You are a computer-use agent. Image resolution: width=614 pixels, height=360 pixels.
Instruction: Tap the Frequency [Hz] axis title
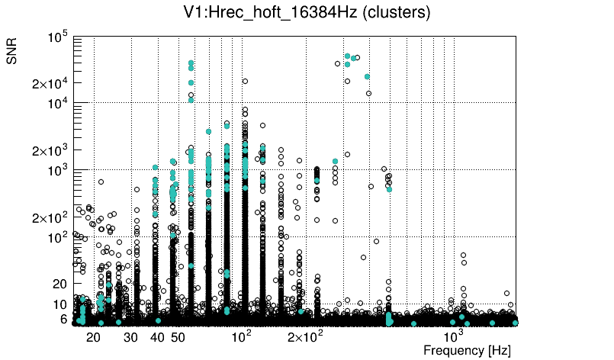click(x=467, y=350)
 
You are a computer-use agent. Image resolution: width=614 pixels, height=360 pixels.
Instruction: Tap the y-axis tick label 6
click(x=64, y=319)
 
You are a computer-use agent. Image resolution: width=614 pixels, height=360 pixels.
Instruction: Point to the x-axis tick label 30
click(x=130, y=337)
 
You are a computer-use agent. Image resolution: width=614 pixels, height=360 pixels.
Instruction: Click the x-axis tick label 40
click(x=157, y=337)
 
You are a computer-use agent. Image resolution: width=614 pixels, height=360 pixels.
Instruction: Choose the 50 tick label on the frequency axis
click(x=178, y=337)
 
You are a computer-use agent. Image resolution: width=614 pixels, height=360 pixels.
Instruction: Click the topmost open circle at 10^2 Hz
click(x=245, y=81)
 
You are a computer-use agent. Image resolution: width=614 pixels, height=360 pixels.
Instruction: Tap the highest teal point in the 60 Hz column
click(x=191, y=63)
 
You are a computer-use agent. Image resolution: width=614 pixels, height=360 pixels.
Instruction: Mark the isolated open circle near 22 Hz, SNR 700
click(x=101, y=182)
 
